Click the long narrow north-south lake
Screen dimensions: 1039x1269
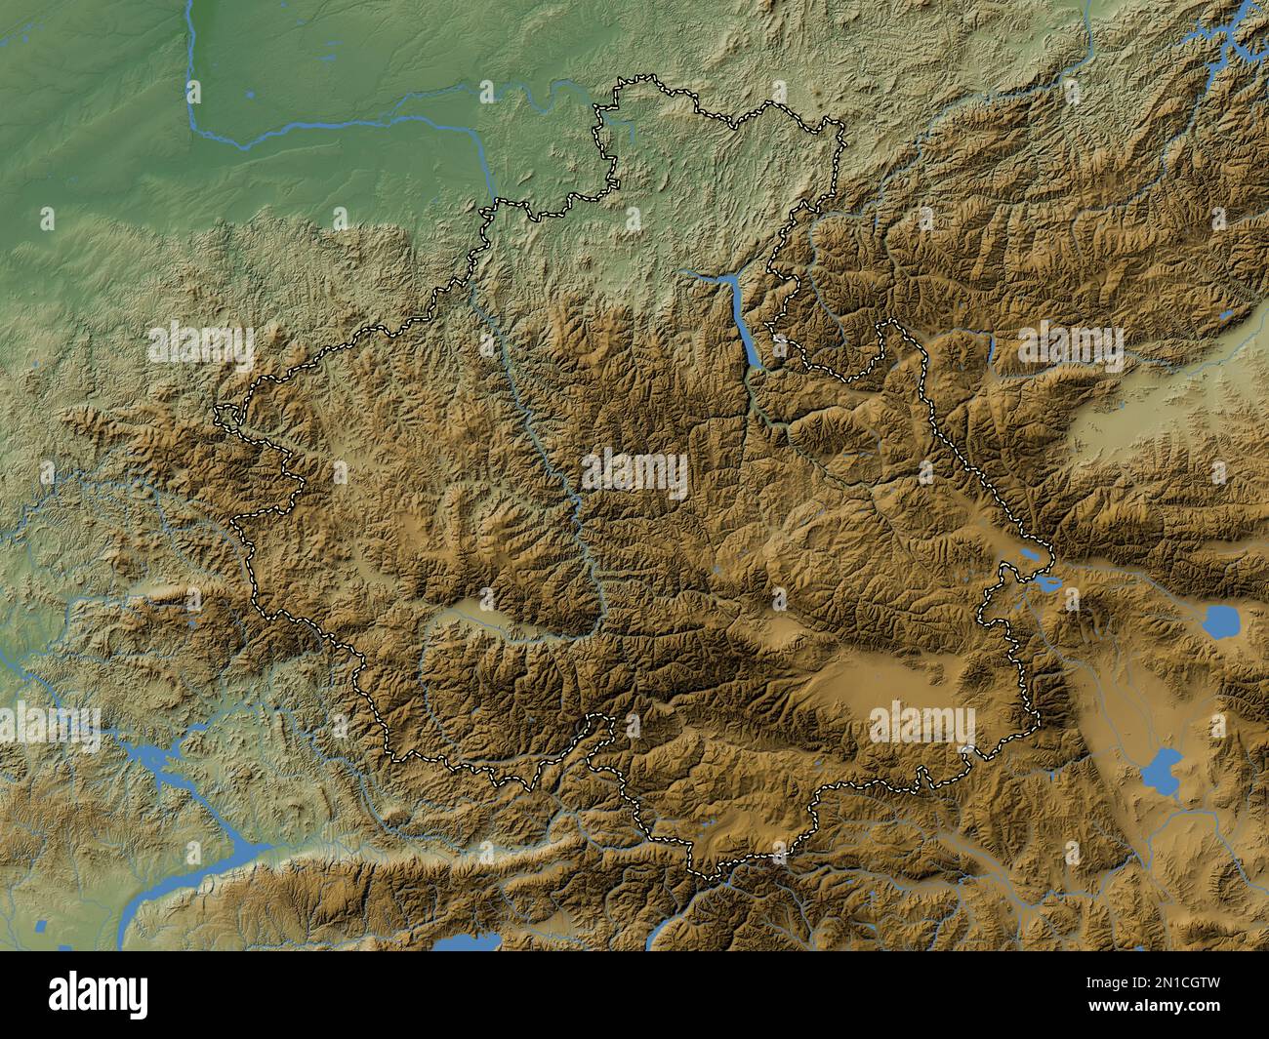[x=746, y=332]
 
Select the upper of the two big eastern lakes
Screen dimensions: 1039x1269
[x=1219, y=619]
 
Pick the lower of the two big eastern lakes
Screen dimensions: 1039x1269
[x=1160, y=771]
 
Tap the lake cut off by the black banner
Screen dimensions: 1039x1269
[x=467, y=942]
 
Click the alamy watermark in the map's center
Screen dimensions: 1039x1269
[x=634, y=473]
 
